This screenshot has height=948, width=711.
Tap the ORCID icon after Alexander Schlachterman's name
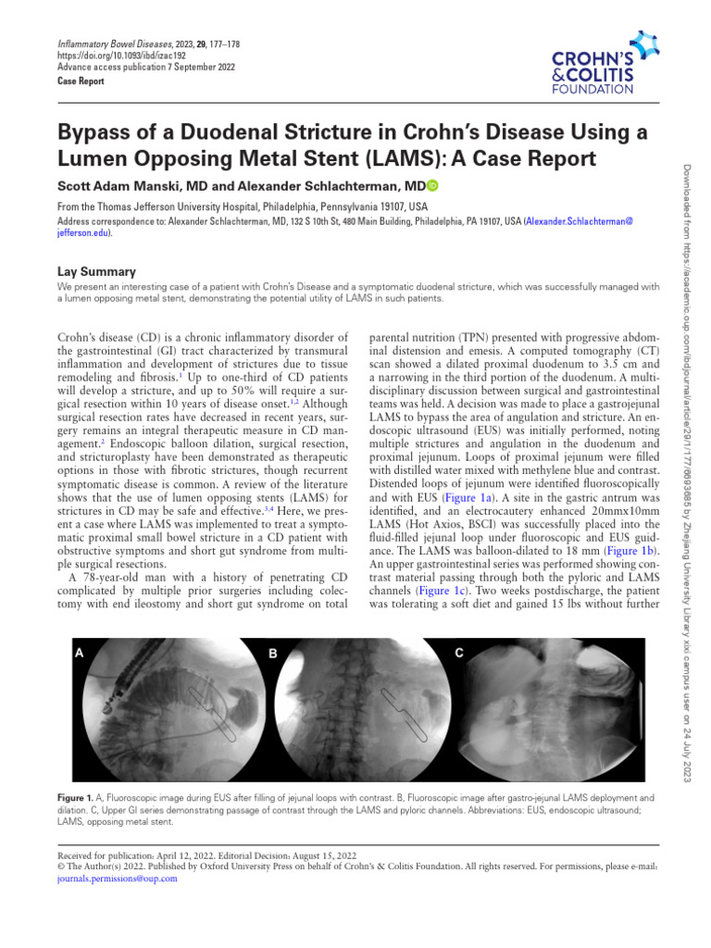[432, 186]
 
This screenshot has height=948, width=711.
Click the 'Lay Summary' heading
[96, 272]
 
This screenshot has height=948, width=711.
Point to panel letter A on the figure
[80, 653]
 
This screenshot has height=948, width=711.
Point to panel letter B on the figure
[272, 653]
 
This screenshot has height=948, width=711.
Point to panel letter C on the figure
[459, 653]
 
